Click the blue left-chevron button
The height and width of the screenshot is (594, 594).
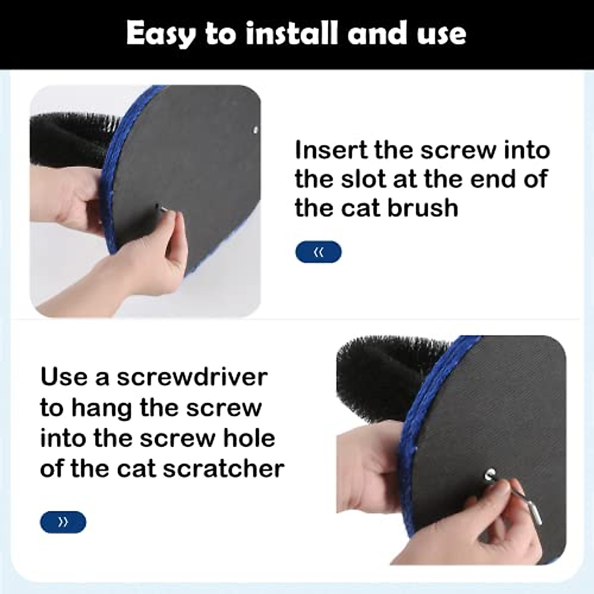318,252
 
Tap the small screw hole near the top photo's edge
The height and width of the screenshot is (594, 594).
255,131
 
